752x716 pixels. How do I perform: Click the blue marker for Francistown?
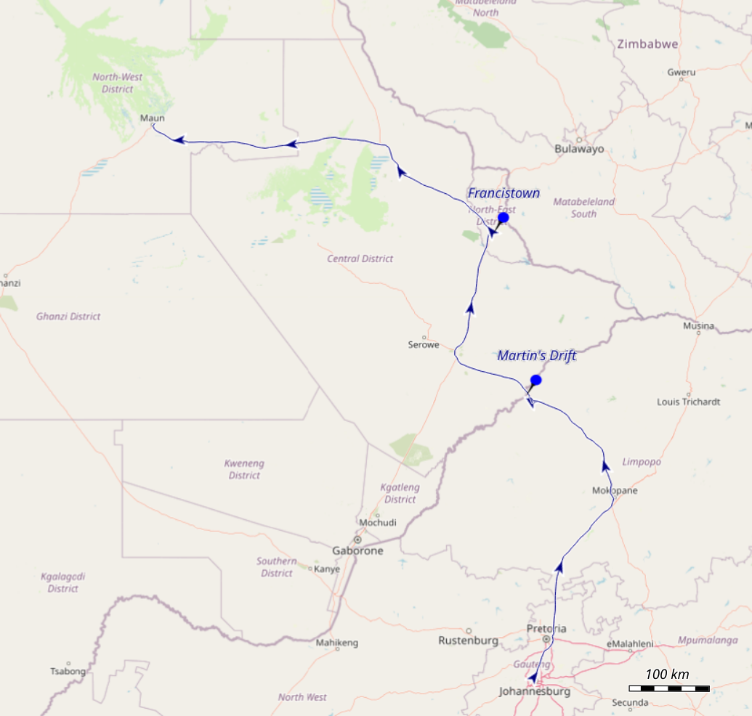click(503, 218)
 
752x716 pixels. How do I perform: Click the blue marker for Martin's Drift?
click(536, 380)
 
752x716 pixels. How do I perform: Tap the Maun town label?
click(153, 118)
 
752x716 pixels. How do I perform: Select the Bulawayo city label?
click(579, 149)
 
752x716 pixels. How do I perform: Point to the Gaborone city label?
click(357, 550)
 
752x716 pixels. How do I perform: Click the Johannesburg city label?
click(534, 691)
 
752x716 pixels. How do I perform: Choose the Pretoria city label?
click(546, 629)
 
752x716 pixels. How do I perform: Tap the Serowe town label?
click(424, 345)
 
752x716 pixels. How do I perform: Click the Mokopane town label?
click(614, 491)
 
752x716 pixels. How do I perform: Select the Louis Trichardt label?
click(688, 402)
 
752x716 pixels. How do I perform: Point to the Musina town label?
click(698, 326)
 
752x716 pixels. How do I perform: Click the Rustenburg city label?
click(468, 640)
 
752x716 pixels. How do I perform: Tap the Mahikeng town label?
click(337, 643)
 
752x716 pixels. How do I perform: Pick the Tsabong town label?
click(68, 671)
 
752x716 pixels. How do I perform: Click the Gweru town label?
click(681, 72)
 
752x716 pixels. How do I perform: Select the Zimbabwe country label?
click(647, 44)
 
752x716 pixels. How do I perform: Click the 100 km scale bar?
click(668, 688)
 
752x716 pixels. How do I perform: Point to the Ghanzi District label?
click(68, 317)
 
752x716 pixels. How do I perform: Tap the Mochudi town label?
click(378, 523)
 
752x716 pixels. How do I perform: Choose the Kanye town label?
click(326, 569)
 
